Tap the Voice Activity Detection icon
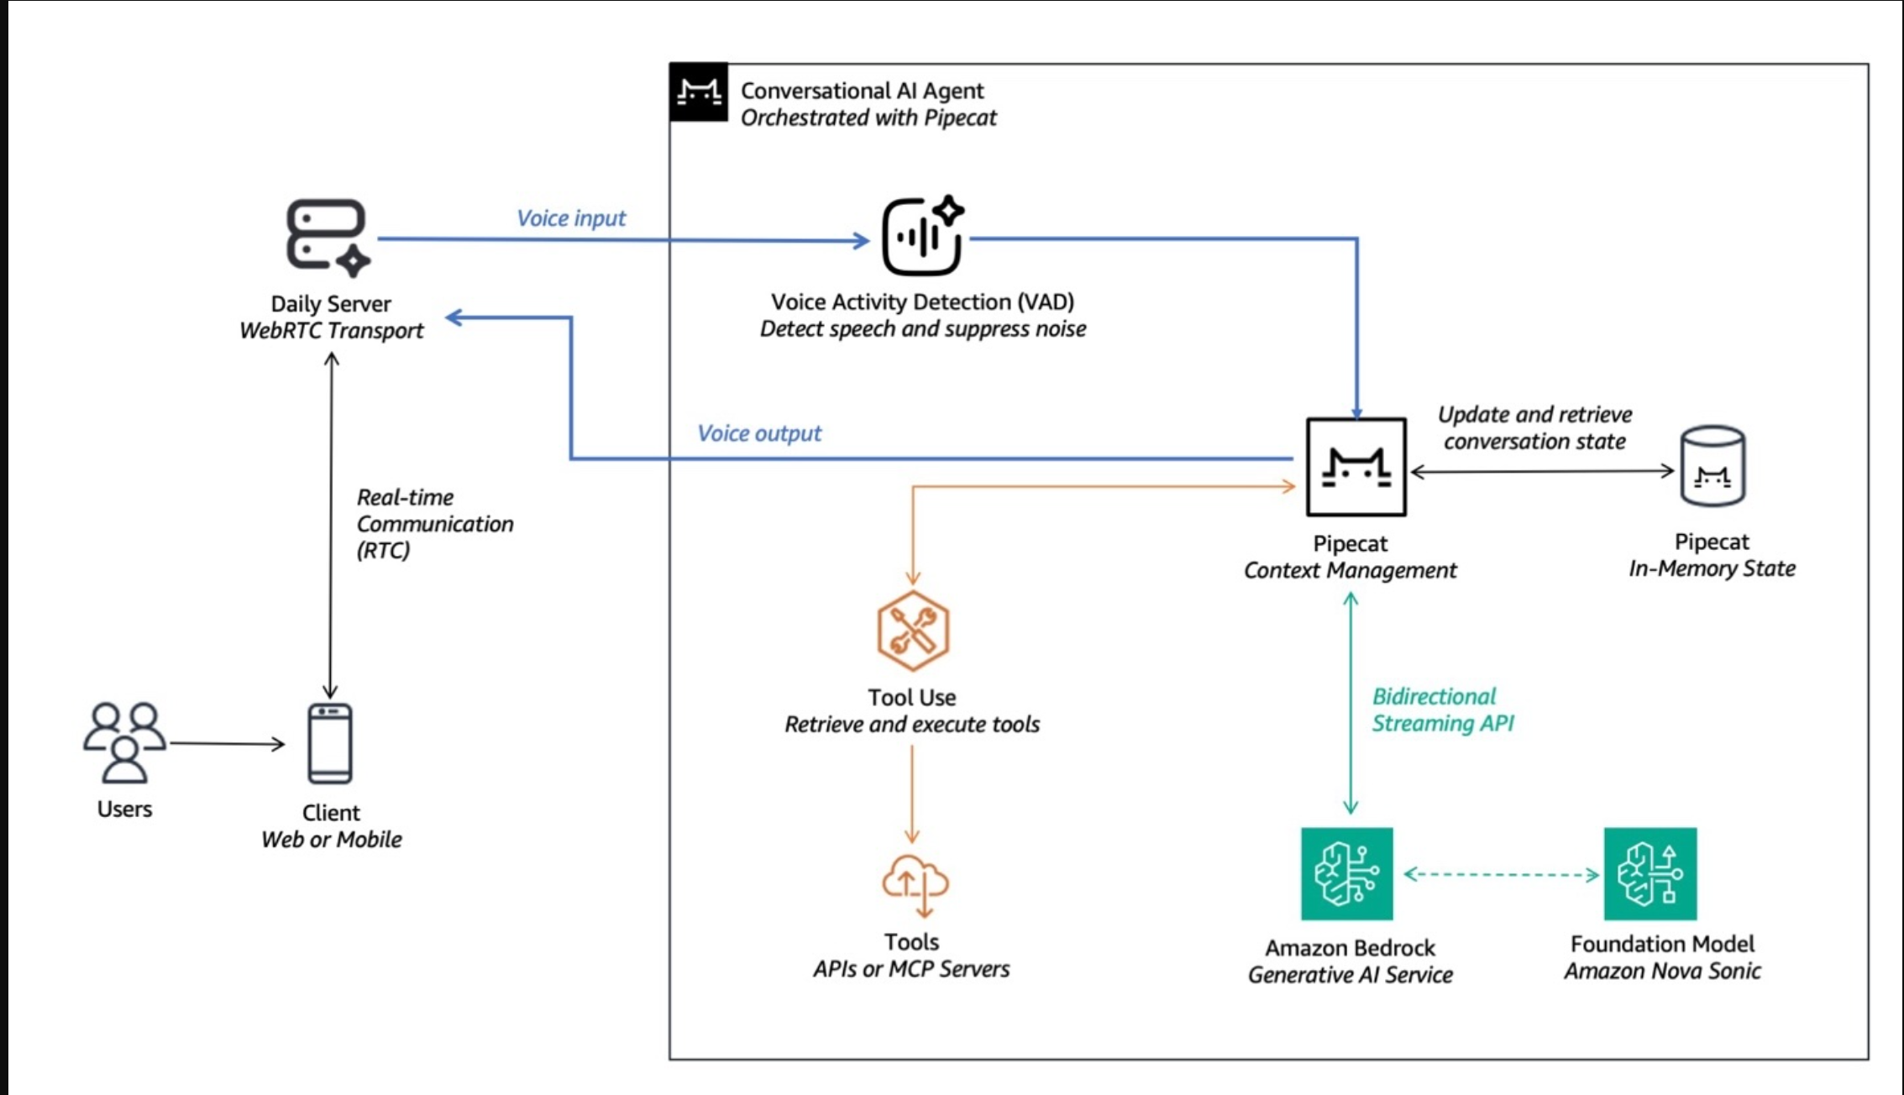(x=922, y=237)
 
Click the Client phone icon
(x=330, y=743)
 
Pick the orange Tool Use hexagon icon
(x=913, y=631)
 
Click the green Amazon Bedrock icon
(x=1346, y=873)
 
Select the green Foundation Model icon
(x=1650, y=873)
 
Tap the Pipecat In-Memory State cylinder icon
(x=1713, y=466)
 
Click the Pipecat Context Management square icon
(x=1356, y=467)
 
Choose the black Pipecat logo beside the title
(x=699, y=92)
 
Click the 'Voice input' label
(x=571, y=218)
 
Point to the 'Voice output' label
(x=759, y=433)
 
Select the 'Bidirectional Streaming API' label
(x=1442, y=710)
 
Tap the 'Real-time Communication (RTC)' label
(x=434, y=523)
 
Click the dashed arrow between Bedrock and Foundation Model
(x=1501, y=874)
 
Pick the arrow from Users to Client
(x=227, y=743)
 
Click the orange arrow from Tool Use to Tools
(x=912, y=794)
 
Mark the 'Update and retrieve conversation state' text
(x=1534, y=427)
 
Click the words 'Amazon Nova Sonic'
(x=1662, y=971)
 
